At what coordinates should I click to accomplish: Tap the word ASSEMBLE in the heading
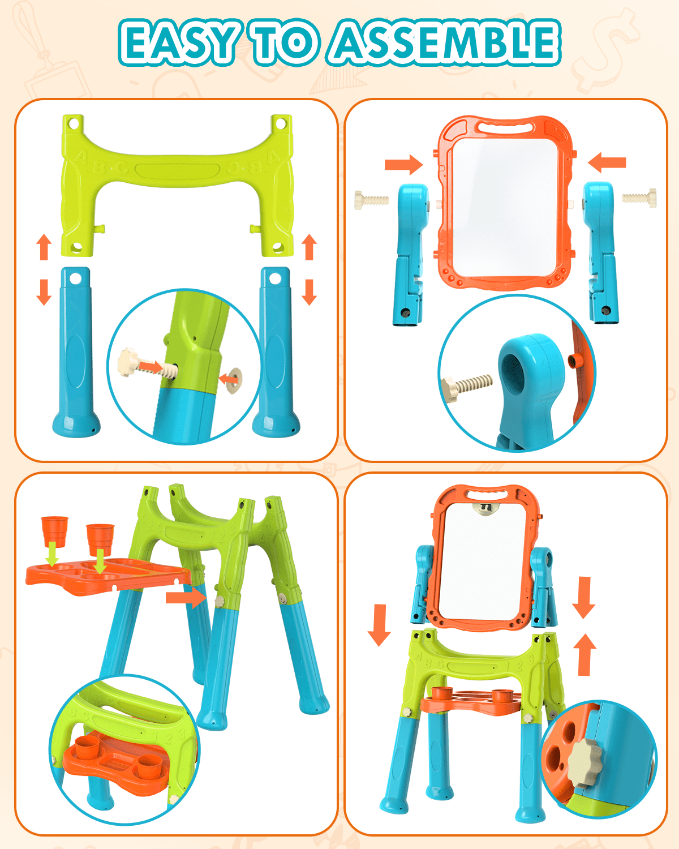pos(446,42)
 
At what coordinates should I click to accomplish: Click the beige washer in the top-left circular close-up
pos(234,380)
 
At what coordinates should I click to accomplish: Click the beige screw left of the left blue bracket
pos(371,200)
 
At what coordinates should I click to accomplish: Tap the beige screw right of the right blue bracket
pos(639,198)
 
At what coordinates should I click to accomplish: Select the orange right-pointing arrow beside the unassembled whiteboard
pos(403,165)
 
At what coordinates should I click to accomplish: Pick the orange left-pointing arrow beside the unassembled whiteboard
pos(607,162)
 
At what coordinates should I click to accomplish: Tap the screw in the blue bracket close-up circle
pos(467,387)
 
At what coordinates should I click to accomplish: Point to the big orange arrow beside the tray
pos(186,597)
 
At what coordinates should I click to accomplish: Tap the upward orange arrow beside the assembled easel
pos(585,655)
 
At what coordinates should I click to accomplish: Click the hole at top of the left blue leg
pos(75,278)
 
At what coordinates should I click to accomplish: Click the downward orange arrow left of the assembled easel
pos(379,625)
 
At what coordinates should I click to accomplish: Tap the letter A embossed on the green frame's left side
pos(81,157)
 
